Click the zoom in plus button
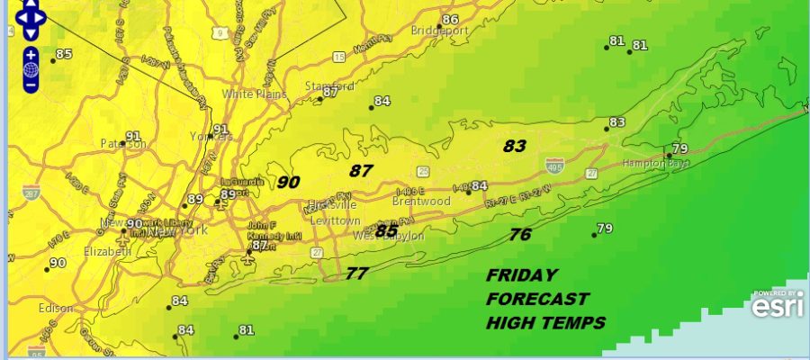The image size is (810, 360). pos(31,53)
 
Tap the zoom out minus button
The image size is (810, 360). pos(31,85)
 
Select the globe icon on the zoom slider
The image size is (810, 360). pos(31,68)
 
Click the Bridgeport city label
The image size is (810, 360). pos(441,31)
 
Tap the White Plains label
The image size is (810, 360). pos(255,94)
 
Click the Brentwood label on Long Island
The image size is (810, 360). pos(421,202)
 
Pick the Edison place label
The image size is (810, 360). pos(55,308)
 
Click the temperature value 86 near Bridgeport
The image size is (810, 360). pos(451,20)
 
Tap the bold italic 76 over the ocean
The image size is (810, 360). pos(520,235)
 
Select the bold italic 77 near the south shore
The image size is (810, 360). pos(356,274)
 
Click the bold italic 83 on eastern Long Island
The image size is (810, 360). pos(515,145)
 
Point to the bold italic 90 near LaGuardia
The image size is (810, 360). pos(288,182)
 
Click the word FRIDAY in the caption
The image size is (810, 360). pos(522,275)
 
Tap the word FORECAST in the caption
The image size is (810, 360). pos(537,299)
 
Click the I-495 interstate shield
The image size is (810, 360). pos(553,165)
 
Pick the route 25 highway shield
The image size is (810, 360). pos(423,170)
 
